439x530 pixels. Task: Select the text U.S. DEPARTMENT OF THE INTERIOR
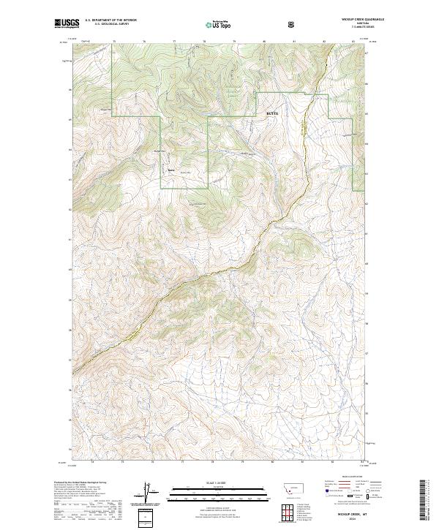pyautogui.click(x=109, y=20)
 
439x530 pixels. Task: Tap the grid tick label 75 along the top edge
pyautogui.click(x=114, y=42)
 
